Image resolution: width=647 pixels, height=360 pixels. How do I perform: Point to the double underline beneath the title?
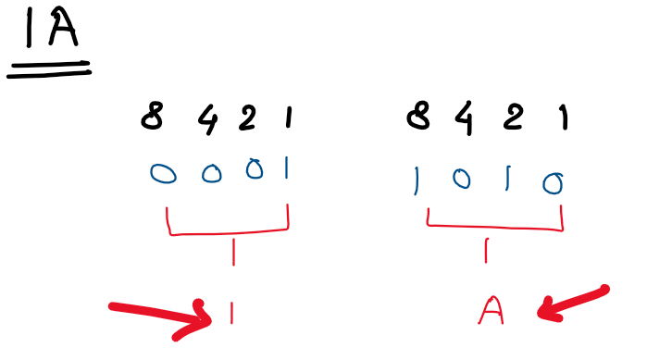[x=49, y=68]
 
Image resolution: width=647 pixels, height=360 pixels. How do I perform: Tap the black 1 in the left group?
[x=288, y=118]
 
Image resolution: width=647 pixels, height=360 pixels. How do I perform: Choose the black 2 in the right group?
[x=518, y=118]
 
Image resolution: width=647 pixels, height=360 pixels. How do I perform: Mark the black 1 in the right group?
[x=562, y=118]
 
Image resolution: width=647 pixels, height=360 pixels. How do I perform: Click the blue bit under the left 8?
[x=164, y=174]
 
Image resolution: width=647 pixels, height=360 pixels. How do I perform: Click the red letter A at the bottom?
[x=490, y=312]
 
